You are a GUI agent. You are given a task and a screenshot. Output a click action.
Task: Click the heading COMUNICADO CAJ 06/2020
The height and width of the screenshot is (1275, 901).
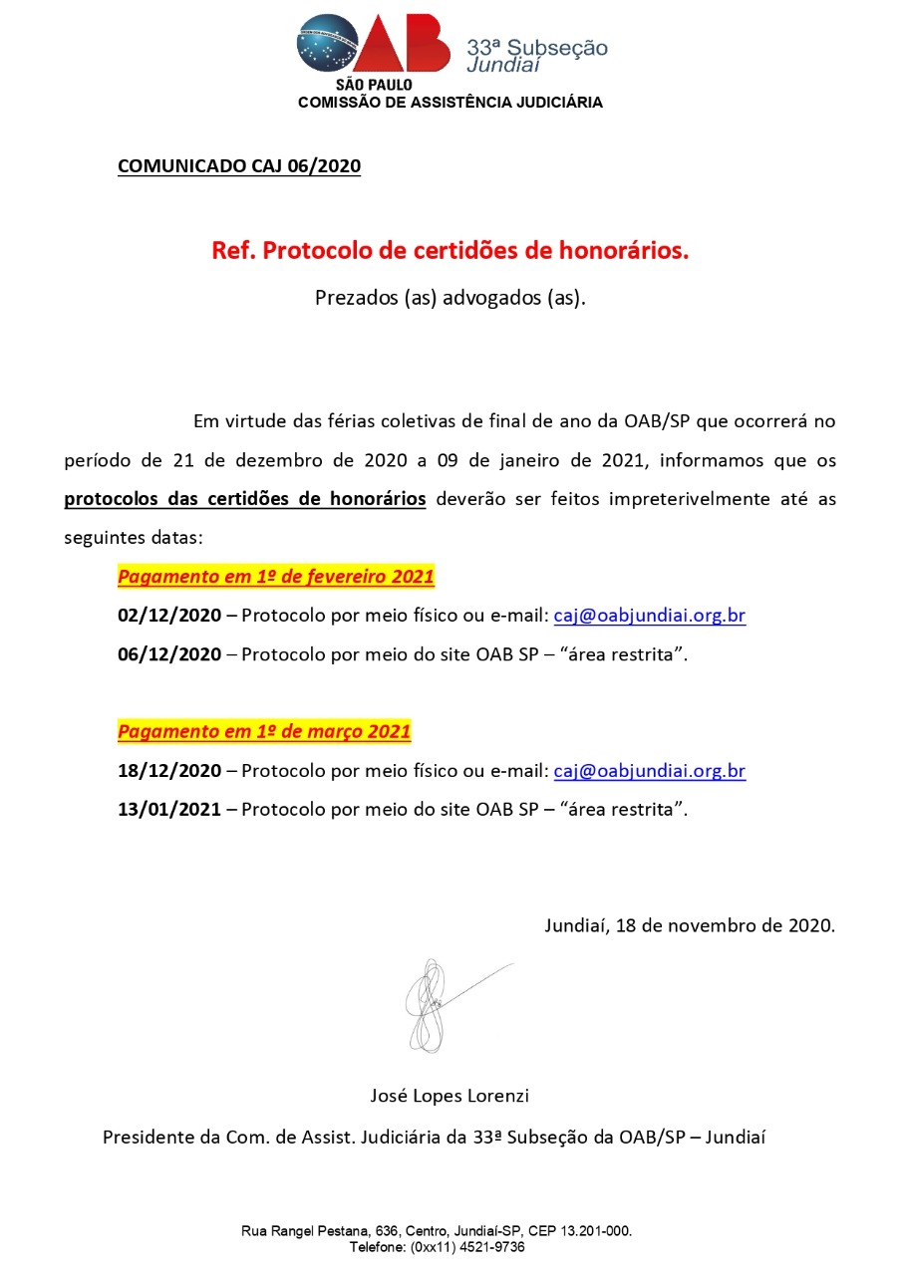pos(239,166)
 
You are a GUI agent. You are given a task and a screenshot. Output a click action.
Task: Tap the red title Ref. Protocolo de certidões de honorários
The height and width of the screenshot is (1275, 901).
pos(450,251)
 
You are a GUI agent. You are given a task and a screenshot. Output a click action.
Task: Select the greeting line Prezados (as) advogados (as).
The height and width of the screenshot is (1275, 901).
pos(450,297)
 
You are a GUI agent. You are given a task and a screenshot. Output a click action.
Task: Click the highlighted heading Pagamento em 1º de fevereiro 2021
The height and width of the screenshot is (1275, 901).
pos(276,577)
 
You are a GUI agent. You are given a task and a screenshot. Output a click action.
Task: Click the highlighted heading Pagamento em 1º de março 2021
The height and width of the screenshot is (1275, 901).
pos(264,732)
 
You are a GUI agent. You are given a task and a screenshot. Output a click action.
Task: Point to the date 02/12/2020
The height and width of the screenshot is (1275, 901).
pos(169,616)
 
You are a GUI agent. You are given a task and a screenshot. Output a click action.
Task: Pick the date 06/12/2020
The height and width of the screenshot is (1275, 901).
pos(169,654)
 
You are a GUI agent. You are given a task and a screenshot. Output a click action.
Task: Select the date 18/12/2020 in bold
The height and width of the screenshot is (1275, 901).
pos(169,771)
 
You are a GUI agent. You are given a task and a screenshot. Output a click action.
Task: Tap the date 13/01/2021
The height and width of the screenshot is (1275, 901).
pos(169,810)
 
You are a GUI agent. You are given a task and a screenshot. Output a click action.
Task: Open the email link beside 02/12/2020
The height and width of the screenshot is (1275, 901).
pos(649,616)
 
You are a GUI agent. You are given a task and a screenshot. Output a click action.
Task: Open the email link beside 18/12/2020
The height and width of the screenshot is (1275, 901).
pos(649,771)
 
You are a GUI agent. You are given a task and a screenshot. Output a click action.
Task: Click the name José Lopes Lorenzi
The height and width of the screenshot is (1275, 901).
pos(450,1096)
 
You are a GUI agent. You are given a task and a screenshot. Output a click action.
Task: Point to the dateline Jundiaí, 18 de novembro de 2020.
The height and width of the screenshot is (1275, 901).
pos(690,924)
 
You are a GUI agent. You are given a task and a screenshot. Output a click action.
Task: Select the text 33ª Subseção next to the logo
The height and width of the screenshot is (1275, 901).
pos(537,47)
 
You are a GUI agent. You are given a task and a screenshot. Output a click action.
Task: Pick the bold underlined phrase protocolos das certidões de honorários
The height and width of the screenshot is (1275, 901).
pos(245,499)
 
